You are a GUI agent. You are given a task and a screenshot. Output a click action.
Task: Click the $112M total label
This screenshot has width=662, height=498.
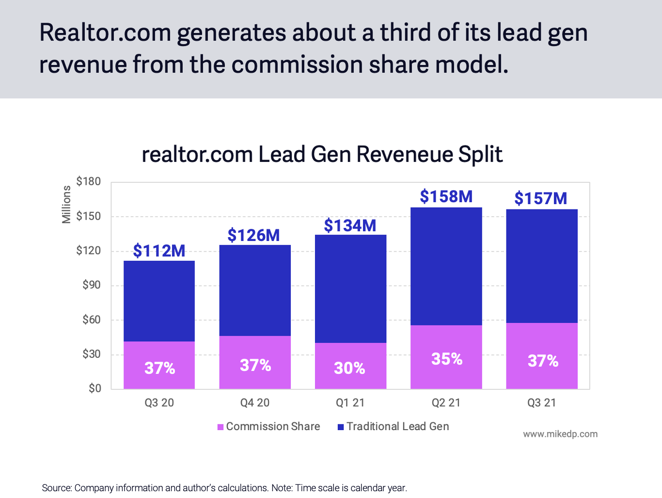[x=159, y=251]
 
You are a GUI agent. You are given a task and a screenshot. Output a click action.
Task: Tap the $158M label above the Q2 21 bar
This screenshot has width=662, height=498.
[x=446, y=196]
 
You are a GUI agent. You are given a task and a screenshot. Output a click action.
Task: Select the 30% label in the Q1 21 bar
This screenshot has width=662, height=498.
[x=349, y=368]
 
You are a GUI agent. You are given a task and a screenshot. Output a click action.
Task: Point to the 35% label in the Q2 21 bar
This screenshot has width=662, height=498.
[x=447, y=359]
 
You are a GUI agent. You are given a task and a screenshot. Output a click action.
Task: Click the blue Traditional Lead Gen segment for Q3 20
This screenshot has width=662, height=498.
[x=159, y=301]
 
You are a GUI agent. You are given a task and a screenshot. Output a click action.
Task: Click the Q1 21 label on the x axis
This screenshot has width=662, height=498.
[x=350, y=402]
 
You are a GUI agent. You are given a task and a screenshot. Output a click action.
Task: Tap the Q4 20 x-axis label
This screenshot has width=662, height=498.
[x=255, y=402]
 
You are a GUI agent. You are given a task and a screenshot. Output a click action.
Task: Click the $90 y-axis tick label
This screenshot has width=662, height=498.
[x=91, y=285]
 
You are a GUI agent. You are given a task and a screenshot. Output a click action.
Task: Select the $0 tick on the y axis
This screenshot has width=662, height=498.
[x=95, y=388]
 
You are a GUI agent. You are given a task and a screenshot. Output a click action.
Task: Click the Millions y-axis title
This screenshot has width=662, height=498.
[x=66, y=204]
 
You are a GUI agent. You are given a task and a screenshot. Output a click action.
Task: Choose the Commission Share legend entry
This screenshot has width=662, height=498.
[x=269, y=426]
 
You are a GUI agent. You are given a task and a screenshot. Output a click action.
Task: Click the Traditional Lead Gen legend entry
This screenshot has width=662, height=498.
[x=394, y=426]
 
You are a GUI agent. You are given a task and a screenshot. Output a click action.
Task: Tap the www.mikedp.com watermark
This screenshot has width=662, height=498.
[x=560, y=434]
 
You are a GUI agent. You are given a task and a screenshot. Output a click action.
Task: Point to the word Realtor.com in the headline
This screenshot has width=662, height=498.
[x=105, y=32]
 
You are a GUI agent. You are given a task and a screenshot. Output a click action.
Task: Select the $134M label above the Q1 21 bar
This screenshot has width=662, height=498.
[x=350, y=225]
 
